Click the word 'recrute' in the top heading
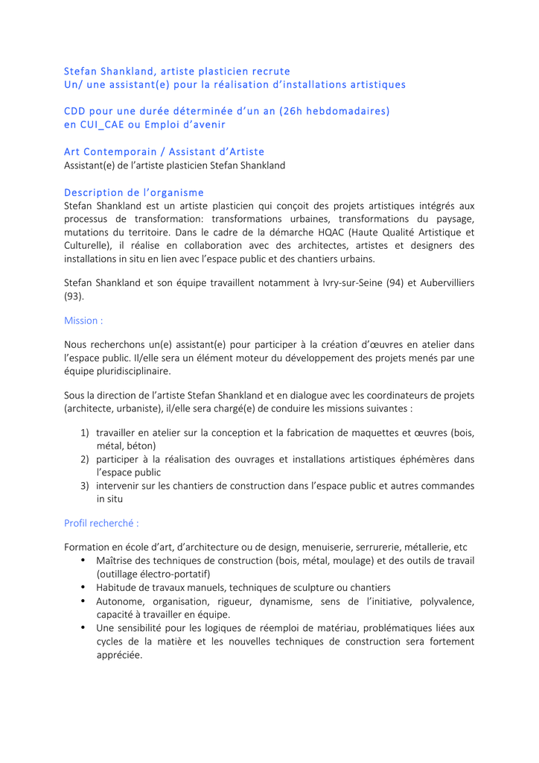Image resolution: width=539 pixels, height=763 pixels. tap(271, 72)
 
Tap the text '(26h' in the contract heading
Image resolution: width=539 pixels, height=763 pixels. tap(293, 111)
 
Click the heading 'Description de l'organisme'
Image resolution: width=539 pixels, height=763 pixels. tap(134, 192)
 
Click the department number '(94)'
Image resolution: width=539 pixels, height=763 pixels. tap(400, 283)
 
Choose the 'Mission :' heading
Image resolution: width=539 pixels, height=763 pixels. tap(83, 320)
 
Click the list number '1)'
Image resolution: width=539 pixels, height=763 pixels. tap(85, 433)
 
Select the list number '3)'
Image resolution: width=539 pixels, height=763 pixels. tap(85, 486)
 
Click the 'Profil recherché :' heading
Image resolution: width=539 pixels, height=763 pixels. tap(101, 523)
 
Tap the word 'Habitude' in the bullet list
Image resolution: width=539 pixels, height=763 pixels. tap(117, 587)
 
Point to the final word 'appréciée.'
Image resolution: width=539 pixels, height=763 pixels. tap(119, 655)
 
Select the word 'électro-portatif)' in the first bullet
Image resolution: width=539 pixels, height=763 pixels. tap(176, 574)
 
